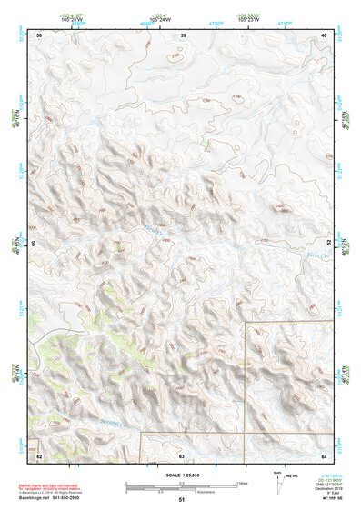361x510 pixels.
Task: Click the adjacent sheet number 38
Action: pos(39,35)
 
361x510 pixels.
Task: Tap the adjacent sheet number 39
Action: pos(184,35)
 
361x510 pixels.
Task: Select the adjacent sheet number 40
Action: pos(325,35)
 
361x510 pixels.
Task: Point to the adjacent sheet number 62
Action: pos(39,455)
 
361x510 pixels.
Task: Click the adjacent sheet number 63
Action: pos(181,455)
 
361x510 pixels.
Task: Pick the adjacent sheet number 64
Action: pos(324,455)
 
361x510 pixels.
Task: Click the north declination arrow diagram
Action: pos(278,483)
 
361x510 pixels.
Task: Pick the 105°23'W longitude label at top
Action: pos(247,18)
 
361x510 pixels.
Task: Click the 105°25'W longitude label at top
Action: pos(69,18)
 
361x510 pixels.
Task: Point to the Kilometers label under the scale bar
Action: pos(204,492)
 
